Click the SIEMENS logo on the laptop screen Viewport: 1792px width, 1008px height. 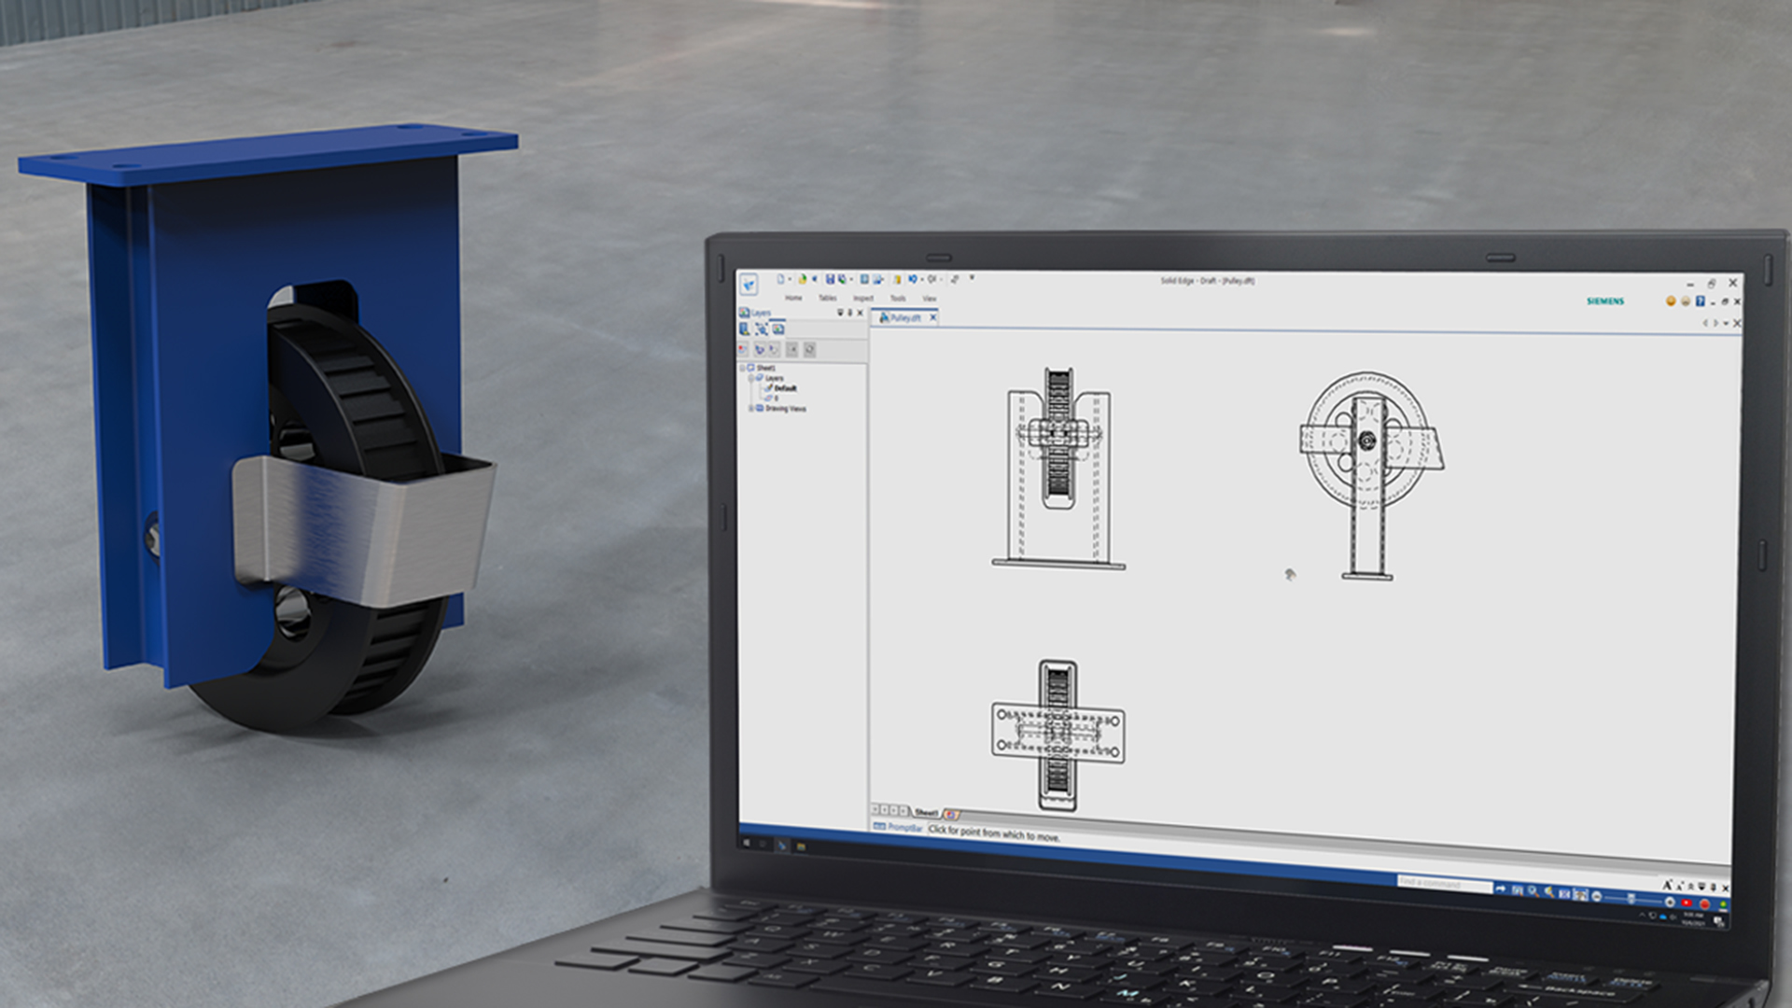(1604, 301)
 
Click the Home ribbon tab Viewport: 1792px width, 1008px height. (793, 298)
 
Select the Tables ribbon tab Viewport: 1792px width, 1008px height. (828, 298)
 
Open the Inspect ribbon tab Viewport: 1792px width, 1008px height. (863, 299)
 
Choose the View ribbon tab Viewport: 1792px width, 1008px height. (930, 299)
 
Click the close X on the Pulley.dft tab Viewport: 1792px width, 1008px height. (932, 318)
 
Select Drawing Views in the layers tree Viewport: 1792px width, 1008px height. (785, 409)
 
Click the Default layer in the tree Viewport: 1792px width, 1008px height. (785, 388)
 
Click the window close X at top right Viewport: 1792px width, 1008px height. (1733, 283)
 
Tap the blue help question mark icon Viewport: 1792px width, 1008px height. (1701, 301)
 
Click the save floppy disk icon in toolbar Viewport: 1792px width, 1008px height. (829, 279)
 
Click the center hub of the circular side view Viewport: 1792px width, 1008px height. (1367, 441)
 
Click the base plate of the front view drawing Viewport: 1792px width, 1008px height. (1058, 564)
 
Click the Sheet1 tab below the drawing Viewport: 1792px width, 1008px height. (926, 813)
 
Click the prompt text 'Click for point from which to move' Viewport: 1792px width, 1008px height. (994, 833)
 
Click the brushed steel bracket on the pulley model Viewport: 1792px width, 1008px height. (364, 523)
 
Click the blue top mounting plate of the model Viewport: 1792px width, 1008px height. (271, 154)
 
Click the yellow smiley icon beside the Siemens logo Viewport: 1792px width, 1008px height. (1671, 301)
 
